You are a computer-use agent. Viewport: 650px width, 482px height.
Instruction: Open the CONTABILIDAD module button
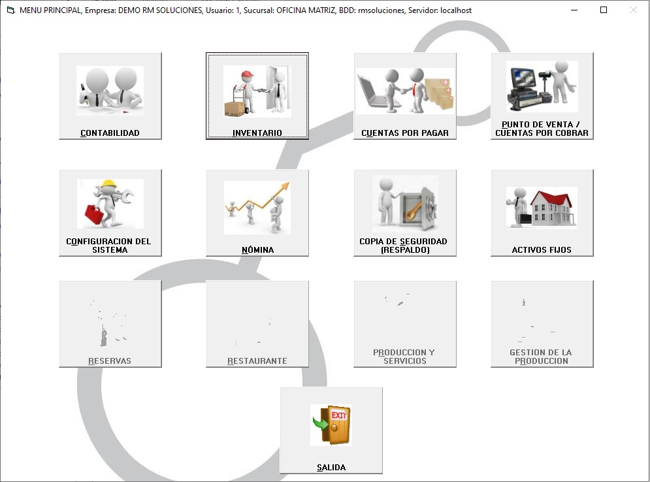tap(110, 96)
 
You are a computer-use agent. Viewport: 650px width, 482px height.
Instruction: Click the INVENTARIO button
tap(257, 96)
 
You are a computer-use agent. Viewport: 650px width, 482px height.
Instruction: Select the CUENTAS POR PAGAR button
tap(404, 96)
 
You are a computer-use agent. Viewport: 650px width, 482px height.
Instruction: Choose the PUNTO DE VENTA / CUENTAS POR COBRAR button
tap(542, 96)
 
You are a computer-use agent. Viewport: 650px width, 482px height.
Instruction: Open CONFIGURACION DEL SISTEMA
tap(110, 213)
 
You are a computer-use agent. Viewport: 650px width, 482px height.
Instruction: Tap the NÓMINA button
tap(257, 213)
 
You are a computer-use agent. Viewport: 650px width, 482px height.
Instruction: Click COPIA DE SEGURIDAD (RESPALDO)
tap(404, 213)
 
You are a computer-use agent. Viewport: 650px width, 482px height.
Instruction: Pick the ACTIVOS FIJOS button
tap(542, 213)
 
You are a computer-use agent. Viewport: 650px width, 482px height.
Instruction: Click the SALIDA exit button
tap(331, 430)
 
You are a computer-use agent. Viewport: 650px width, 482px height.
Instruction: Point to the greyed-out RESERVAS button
tap(110, 324)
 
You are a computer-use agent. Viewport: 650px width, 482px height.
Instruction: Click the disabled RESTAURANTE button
tap(257, 324)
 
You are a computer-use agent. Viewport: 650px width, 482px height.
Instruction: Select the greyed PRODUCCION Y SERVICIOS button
tap(404, 324)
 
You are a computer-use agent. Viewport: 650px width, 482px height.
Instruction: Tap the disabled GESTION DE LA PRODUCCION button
tap(542, 324)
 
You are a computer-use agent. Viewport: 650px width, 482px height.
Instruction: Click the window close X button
tap(633, 10)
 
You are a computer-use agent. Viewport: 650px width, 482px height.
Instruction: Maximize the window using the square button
tap(604, 10)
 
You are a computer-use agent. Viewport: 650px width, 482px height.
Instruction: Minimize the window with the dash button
tap(574, 10)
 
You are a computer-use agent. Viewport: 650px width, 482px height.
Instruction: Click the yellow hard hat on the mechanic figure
tap(109, 185)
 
